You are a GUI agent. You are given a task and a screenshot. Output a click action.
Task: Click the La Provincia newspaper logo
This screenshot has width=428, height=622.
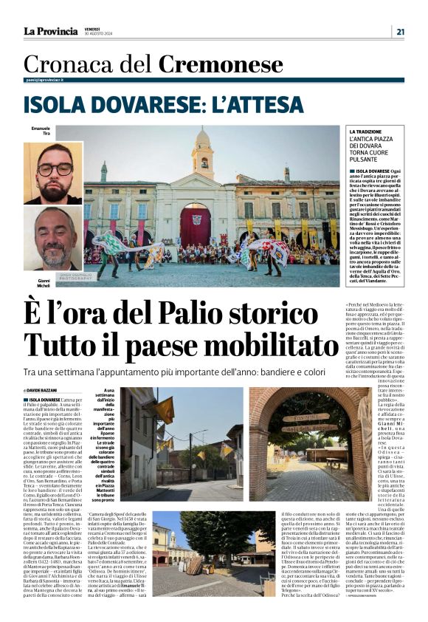coord(50,31)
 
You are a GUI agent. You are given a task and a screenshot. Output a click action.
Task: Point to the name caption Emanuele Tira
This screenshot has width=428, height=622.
coord(41,131)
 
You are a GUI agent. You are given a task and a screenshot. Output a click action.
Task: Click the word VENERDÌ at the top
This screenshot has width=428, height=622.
coord(92,28)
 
